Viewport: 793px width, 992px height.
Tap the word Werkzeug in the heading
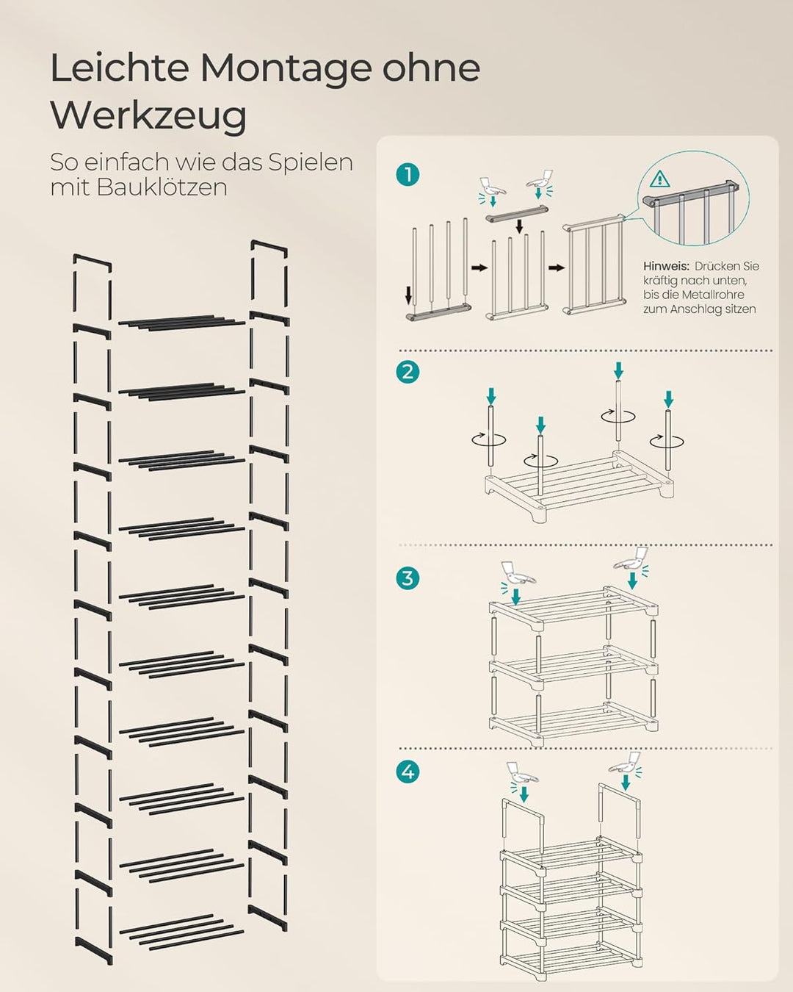point(148,115)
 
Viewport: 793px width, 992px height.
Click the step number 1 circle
point(408,175)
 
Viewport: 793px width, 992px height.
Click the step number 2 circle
point(408,372)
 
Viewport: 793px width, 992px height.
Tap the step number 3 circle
point(408,578)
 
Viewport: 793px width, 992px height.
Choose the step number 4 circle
point(408,772)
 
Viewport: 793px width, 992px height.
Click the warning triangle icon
point(659,179)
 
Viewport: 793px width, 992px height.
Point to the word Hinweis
point(665,266)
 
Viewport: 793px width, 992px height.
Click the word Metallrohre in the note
point(713,295)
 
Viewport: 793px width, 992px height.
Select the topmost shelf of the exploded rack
point(181,322)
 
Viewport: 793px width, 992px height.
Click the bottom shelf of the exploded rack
point(181,930)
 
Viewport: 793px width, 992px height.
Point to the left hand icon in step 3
point(517,572)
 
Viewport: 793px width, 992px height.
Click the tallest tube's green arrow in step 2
point(619,370)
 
